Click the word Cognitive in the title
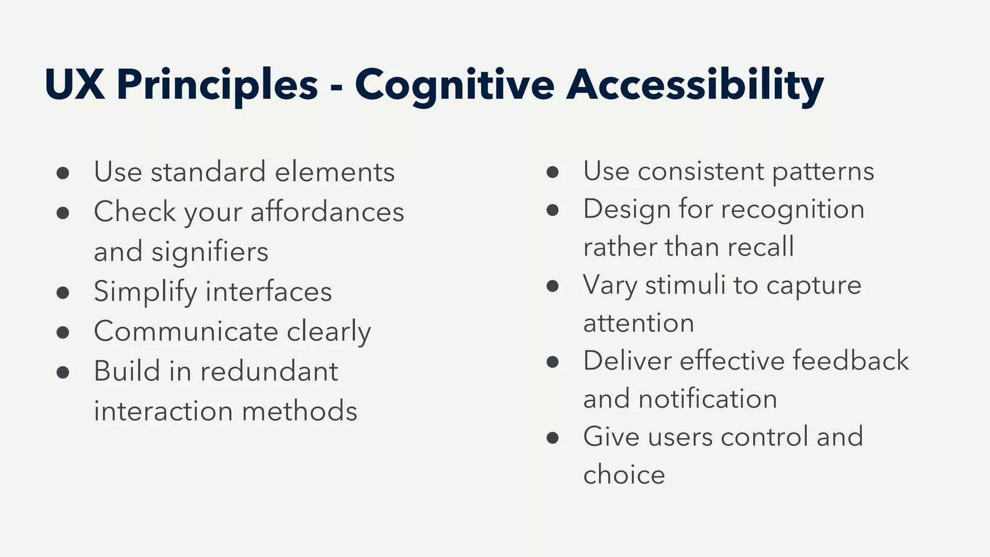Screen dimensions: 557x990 (x=454, y=85)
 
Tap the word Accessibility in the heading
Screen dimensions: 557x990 (x=695, y=85)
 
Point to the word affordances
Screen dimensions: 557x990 (x=327, y=212)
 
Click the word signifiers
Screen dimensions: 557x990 (x=210, y=252)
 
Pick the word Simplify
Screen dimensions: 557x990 (x=145, y=292)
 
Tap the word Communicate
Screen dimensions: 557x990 (x=186, y=332)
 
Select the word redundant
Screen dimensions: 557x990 (x=269, y=371)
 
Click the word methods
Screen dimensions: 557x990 (x=299, y=411)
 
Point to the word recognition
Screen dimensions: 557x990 (x=793, y=209)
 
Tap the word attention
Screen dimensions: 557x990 (x=639, y=323)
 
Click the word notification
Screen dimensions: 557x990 (x=708, y=399)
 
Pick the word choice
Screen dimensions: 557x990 (x=624, y=475)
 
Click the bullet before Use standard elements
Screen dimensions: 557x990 (x=63, y=173)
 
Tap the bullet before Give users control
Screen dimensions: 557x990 (x=553, y=438)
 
